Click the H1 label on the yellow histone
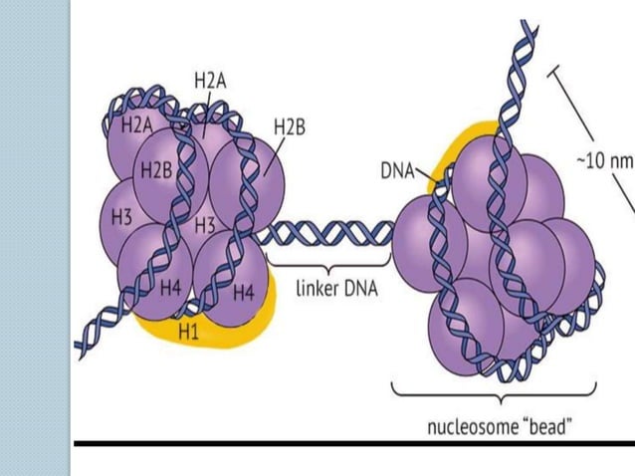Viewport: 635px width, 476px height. (188, 333)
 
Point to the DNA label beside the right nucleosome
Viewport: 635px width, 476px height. (397, 170)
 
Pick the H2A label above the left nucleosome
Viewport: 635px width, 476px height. (209, 82)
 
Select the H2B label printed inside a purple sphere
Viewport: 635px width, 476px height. (157, 171)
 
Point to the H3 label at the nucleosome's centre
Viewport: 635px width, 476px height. (206, 225)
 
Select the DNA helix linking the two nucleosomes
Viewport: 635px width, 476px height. (328, 235)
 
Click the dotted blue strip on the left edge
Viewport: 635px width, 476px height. (35, 239)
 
